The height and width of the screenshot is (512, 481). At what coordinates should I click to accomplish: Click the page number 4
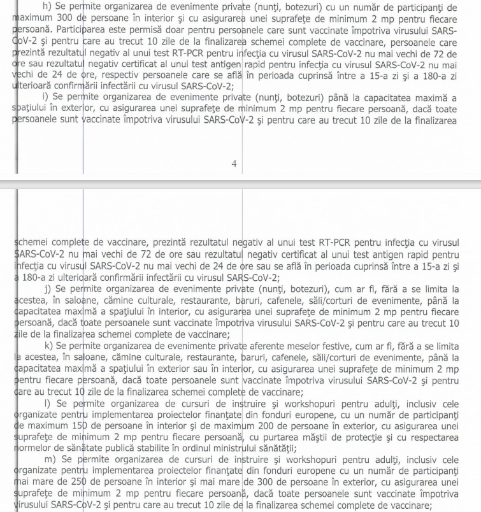tap(234, 164)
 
